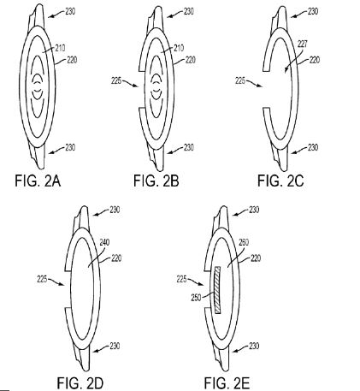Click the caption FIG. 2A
(38, 181)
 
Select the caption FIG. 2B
(156, 181)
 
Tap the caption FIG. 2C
(280, 181)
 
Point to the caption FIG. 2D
(80, 383)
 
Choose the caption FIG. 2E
(227, 383)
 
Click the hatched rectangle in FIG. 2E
(218, 290)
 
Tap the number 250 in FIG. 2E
(196, 298)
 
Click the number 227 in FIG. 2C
(303, 44)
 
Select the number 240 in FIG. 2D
(104, 242)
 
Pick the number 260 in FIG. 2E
(244, 242)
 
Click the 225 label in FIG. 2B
(116, 81)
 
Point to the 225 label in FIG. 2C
(240, 81)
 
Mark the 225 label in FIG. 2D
(42, 280)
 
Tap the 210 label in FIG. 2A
(61, 48)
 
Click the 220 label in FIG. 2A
(72, 60)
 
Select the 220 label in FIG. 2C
(315, 60)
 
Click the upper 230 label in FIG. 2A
(70, 11)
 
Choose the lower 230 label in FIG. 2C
(313, 147)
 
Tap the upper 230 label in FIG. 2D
(115, 210)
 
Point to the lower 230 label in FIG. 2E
(254, 346)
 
